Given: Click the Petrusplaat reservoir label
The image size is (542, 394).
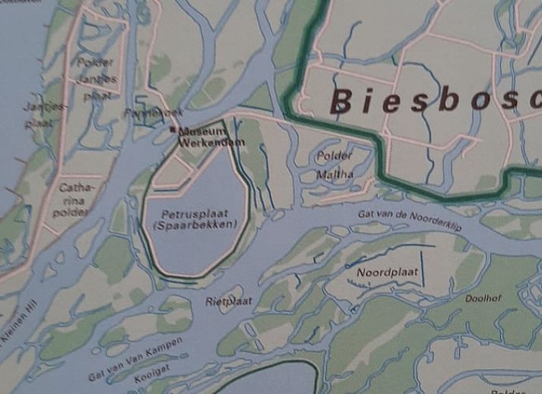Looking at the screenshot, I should (x=195, y=214).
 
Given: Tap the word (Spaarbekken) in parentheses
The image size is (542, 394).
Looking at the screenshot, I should (x=195, y=225).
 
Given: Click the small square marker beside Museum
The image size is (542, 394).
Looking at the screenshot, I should (x=173, y=131).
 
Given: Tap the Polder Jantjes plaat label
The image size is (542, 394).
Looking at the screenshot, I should (x=97, y=79).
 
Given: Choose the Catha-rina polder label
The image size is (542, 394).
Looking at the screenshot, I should (x=74, y=199).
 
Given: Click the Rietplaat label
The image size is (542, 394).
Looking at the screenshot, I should (x=229, y=301).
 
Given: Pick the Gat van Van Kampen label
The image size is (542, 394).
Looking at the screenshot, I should (x=135, y=359).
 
